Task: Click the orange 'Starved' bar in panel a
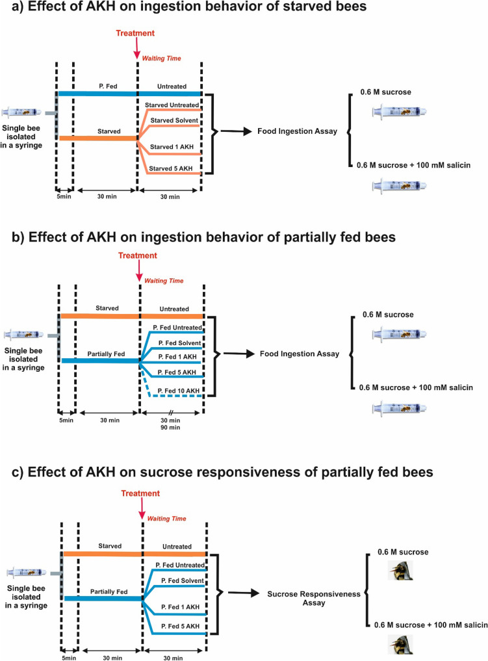(x=97, y=138)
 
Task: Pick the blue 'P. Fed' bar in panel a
(x=97, y=94)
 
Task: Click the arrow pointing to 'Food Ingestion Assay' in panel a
(x=238, y=131)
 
